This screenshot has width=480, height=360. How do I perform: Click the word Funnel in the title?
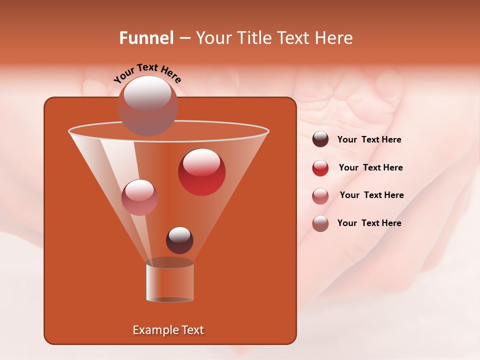click(x=146, y=38)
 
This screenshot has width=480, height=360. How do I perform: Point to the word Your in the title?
click(x=212, y=38)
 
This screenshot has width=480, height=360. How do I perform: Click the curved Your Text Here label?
click(x=147, y=72)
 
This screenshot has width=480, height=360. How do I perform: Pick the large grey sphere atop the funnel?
click(x=147, y=105)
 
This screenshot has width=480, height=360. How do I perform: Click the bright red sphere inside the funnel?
click(x=201, y=172)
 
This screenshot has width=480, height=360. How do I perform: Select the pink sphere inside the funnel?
click(x=139, y=197)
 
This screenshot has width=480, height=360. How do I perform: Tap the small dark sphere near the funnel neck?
click(x=179, y=240)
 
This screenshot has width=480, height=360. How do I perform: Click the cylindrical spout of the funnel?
click(x=169, y=282)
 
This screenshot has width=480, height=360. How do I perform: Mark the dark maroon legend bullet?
click(x=320, y=139)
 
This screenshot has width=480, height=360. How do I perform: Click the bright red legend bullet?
click(x=320, y=168)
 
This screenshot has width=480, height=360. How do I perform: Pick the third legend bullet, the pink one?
click(x=320, y=195)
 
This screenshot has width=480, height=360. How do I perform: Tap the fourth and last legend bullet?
click(x=320, y=223)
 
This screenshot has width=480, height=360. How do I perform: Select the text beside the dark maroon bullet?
click(x=369, y=139)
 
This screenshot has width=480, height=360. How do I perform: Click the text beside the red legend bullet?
click(x=370, y=167)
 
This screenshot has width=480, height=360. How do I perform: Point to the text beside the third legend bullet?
click(x=371, y=195)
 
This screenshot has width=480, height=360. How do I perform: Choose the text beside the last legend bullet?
click(x=369, y=223)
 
